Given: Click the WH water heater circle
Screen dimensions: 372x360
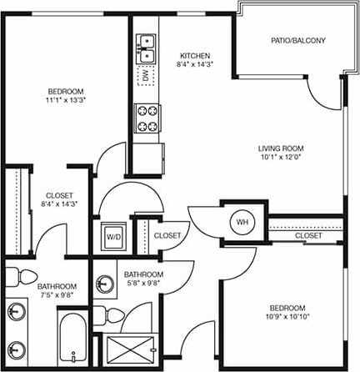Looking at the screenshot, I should (x=242, y=222).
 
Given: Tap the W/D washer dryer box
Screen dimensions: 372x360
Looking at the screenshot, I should (x=111, y=235).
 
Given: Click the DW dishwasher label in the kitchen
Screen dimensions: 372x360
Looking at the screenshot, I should (x=147, y=78).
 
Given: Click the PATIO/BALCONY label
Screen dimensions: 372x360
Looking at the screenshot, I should (x=297, y=40).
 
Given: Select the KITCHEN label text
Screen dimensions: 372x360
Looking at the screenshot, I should (x=194, y=55).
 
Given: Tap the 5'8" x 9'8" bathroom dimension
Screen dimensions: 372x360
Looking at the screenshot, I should (x=144, y=284).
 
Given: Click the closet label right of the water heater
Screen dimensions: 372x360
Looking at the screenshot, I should (x=308, y=236).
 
